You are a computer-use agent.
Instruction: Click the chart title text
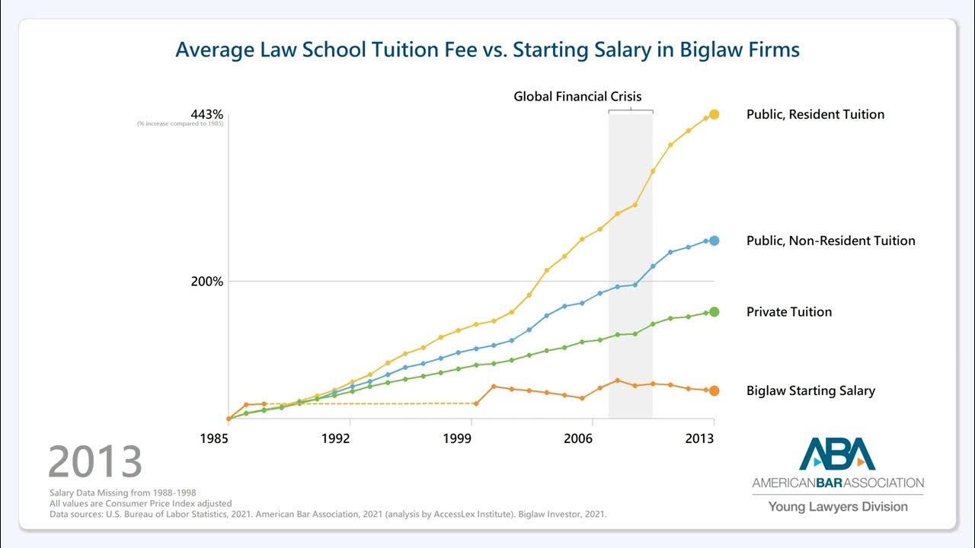tap(487, 50)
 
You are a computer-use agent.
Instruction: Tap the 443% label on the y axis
tap(206, 114)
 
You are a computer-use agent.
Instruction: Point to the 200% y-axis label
tap(206, 282)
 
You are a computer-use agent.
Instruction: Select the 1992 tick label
tap(336, 438)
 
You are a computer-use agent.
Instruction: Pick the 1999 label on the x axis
tap(457, 438)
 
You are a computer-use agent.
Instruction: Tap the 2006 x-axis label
tap(579, 438)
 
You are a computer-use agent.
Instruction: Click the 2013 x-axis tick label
tap(700, 438)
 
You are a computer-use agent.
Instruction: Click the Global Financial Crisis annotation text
tap(577, 97)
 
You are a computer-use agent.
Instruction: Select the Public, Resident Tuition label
tap(815, 115)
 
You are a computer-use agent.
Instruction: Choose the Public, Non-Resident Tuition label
tap(830, 241)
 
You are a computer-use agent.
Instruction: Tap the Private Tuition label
tap(789, 312)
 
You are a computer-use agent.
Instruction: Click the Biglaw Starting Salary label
tap(810, 391)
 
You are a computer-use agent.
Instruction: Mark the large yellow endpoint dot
tap(714, 114)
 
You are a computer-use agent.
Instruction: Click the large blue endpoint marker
tap(714, 241)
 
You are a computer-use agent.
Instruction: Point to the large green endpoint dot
tap(714, 312)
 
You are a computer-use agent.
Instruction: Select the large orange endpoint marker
tap(714, 390)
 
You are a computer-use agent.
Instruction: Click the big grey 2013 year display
tap(95, 462)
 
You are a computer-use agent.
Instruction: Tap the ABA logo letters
tap(837, 454)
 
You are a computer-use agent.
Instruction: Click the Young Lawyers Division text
tap(837, 507)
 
